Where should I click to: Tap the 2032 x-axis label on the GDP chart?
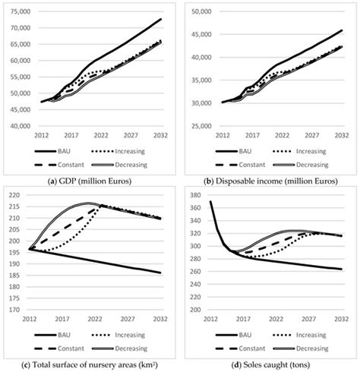tap(160, 135)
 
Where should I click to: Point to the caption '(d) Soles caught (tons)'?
tap(271, 366)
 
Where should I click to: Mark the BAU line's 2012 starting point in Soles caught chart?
tap(210, 201)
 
